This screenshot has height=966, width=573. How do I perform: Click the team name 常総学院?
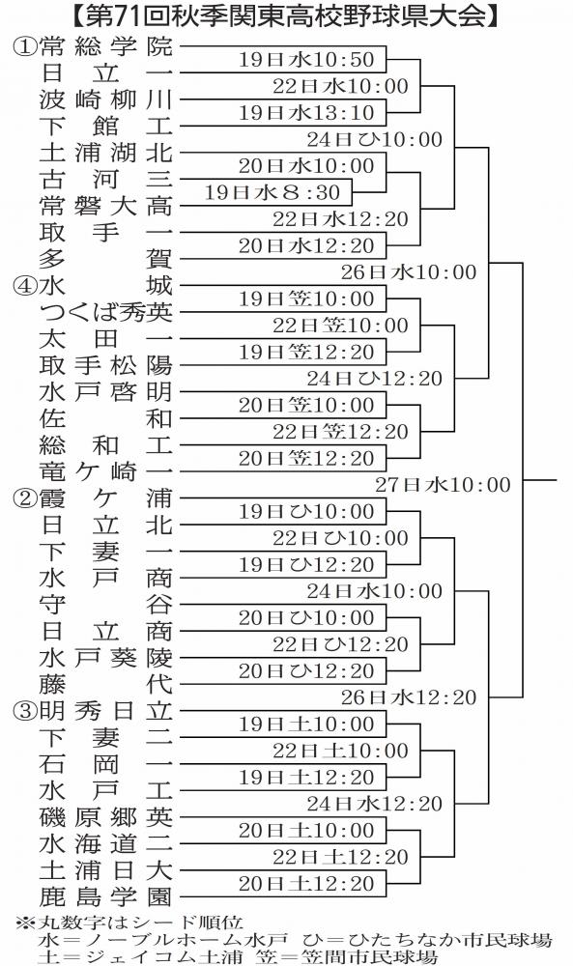coord(106,46)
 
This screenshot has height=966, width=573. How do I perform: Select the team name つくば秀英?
coord(106,312)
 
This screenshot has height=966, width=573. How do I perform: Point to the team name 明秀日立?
coord(106,711)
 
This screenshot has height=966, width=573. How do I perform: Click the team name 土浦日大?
coord(106,870)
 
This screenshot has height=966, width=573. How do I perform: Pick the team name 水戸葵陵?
coord(106,658)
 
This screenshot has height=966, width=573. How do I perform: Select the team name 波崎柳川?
coord(106,99)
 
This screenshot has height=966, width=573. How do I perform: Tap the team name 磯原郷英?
coord(106,817)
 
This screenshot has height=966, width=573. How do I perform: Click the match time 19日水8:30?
coord(272,192)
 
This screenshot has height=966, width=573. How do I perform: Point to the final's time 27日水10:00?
coord(443,485)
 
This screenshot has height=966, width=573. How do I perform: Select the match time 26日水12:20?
coord(409,697)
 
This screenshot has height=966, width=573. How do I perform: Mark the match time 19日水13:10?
coord(307,113)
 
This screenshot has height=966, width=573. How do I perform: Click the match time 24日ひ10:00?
coord(375,139)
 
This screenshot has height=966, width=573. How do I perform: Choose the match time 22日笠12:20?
coord(341,432)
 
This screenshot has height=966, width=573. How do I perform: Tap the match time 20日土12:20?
coord(307,884)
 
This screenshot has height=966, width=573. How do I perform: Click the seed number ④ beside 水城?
coord(24,287)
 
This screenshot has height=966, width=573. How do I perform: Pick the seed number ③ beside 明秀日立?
coord(24,712)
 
